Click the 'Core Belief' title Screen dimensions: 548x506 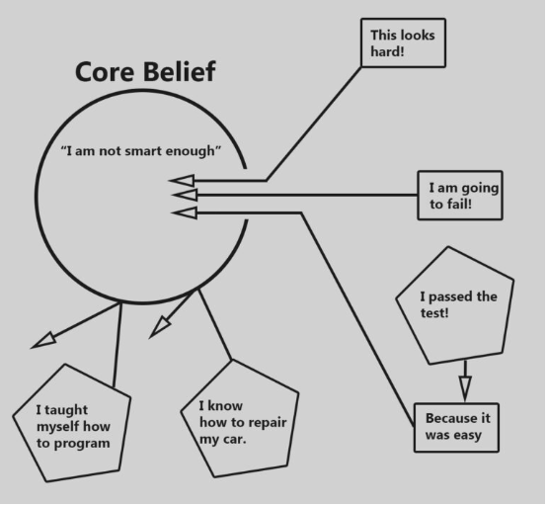(x=145, y=72)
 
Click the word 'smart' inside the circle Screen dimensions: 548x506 (x=143, y=151)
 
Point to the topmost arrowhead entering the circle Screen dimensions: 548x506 (x=182, y=181)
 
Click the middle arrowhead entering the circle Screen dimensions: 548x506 (x=185, y=195)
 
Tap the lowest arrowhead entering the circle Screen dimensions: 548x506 (x=185, y=212)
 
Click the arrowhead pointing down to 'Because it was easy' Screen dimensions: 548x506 (x=465, y=388)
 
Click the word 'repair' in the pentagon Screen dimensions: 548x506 (x=267, y=423)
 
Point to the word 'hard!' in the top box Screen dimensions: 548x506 (x=387, y=51)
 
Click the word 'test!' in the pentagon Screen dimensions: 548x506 (x=434, y=313)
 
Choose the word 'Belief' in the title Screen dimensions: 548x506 (x=180, y=72)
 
